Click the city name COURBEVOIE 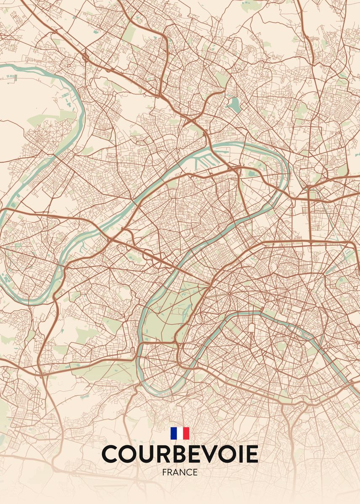180,454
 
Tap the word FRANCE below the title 180,472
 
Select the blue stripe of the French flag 173,433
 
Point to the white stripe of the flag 180,433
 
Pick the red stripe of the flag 186,433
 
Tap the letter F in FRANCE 164,472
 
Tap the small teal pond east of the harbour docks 252,172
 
